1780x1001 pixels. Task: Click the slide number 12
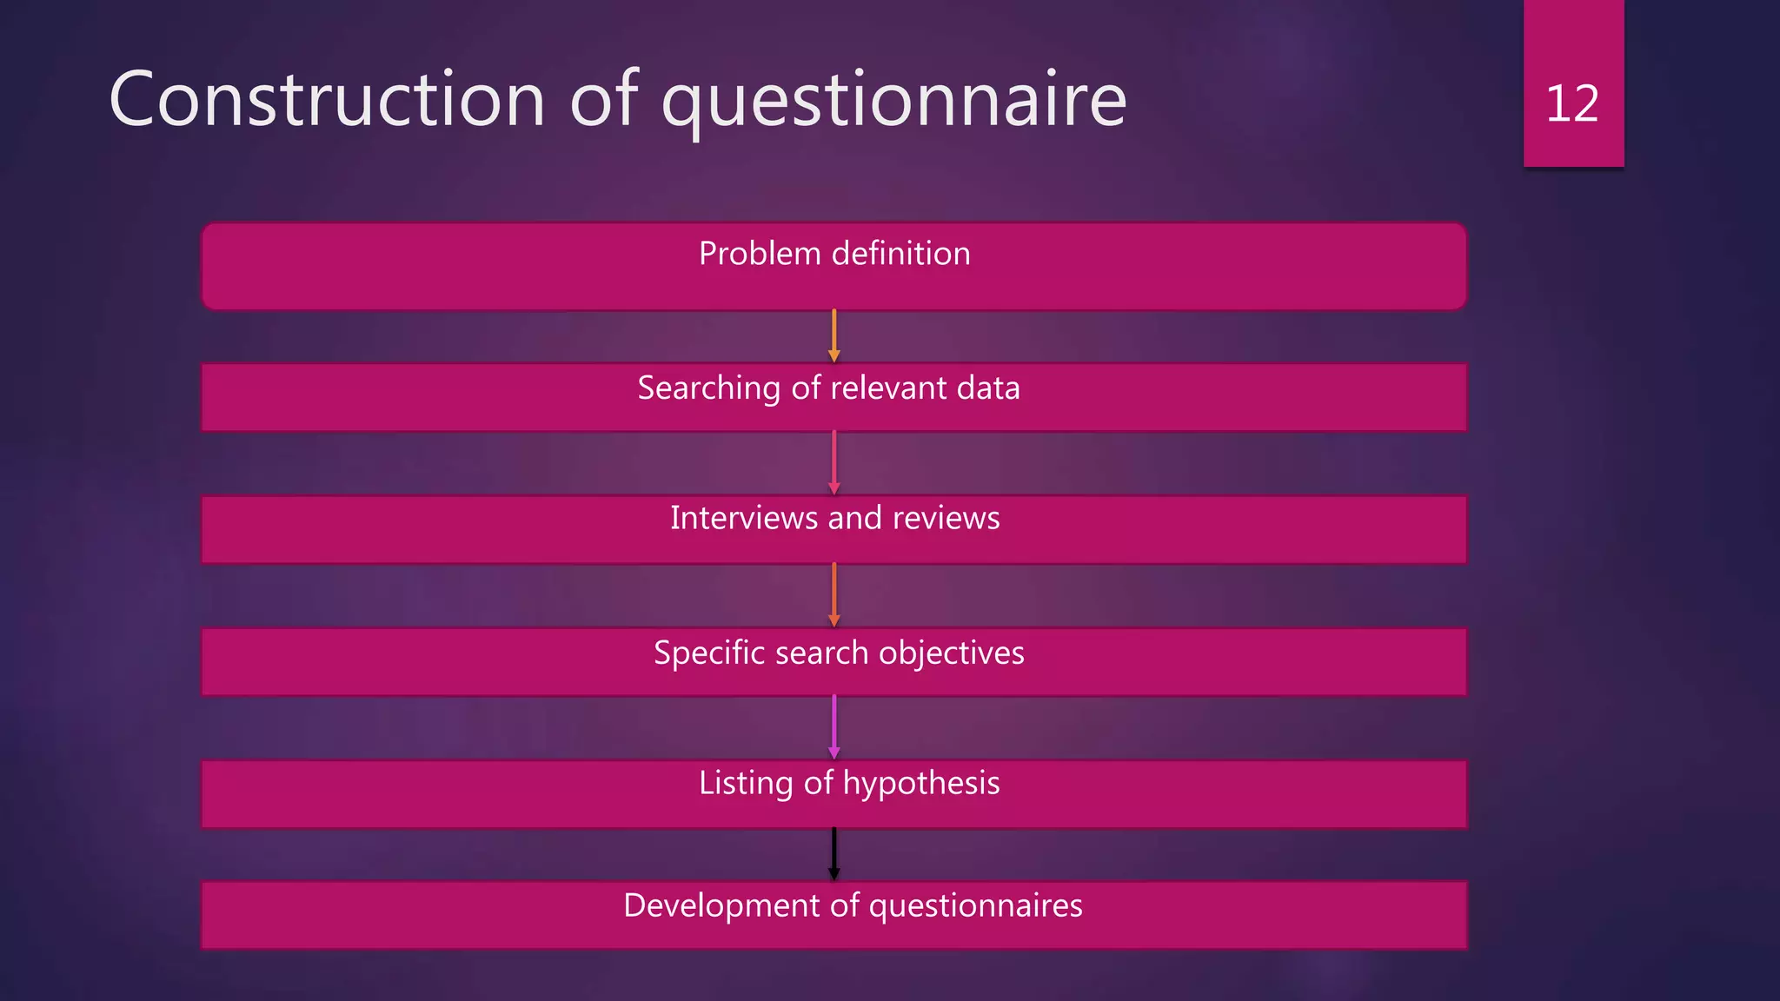click(1572, 104)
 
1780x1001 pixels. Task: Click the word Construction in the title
click(327, 100)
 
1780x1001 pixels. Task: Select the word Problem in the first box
click(760, 254)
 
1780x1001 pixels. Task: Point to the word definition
click(900, 254)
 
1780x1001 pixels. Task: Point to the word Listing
click(746, 783)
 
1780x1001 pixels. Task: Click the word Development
click(721, 905)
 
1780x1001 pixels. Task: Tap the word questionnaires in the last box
click(975, 906)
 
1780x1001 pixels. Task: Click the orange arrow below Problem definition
click(834, 335)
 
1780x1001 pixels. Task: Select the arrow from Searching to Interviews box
click(834, 462)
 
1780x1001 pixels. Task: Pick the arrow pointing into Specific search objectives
click(834, 595)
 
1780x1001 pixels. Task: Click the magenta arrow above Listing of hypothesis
click(834, 727)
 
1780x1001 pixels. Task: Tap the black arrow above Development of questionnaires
click(834, 854)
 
